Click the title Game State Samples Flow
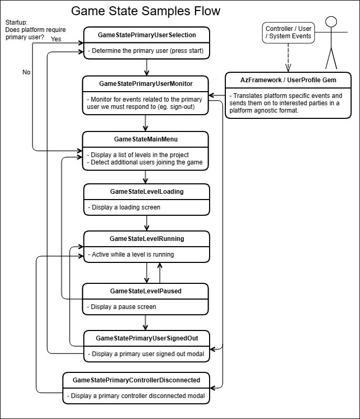[145, 11]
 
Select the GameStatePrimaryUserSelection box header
[147, 35]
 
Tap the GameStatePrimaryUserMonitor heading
[146, 83]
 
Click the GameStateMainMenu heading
[146, 139]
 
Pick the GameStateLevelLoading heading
[147, 192]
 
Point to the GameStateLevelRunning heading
[147, 239]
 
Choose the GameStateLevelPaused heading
[146, 291]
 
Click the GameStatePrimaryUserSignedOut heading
[147, 338]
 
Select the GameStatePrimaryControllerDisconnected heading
[136, 380]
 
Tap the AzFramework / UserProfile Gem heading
[288, 80]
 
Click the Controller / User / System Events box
[288, 32]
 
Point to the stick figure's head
[330, 22]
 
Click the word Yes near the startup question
[57, 39]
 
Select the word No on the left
[26, 72]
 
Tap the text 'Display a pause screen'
[124, 307]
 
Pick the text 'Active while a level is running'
[132, 255]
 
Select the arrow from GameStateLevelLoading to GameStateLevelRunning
[146, 223]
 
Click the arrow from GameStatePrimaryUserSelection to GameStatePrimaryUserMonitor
[146, 67]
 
